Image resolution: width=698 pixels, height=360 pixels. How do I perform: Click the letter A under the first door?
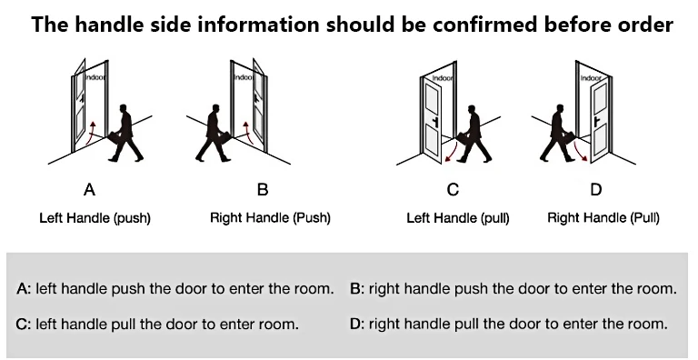pos(89,190)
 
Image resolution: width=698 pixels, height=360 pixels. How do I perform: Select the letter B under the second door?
pos(263,190)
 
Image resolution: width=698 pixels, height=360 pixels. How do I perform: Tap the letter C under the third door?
pos(453,190)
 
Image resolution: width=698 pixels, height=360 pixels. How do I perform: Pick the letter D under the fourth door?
pos(595,190)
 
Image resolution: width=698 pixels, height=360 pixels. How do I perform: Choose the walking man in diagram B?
pos(214,134)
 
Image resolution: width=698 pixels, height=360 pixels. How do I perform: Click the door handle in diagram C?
pos(435,122)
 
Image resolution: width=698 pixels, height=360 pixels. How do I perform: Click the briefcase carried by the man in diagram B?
pos(224,137)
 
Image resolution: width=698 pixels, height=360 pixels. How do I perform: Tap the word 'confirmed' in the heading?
pos(484,24)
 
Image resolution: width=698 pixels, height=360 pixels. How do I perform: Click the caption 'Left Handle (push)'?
pos(95,218)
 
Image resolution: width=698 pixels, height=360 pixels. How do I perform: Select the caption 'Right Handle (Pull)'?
pos(603,218)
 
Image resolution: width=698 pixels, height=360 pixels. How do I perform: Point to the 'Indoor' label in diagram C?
pos(443,78)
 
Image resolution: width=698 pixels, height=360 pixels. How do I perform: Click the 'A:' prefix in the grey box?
pos(24,289)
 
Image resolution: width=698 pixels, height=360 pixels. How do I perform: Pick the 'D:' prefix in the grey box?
pos(357,324)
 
